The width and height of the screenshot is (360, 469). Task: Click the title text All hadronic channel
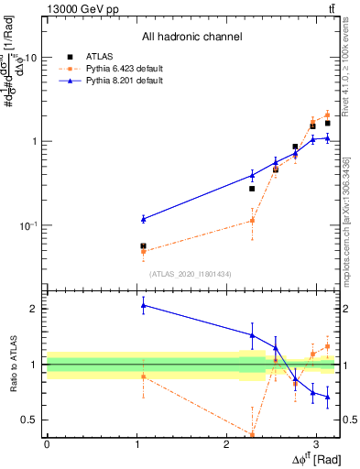coord(191,37)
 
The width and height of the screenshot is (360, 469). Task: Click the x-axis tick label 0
coord(47,444)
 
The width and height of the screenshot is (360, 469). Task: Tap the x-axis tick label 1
coord(136,444)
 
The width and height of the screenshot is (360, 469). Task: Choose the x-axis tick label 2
coord(226,444)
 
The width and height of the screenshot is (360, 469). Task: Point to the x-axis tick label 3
coord(316,444)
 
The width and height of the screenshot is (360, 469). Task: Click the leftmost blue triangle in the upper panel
coord(143,219)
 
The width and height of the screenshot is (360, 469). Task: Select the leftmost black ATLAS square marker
coord(143,245)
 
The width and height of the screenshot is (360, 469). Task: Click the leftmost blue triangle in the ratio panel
coord(143,305)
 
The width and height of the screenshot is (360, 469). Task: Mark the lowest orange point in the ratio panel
coord(252,434)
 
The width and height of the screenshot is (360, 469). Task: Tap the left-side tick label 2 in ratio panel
coord(34,309)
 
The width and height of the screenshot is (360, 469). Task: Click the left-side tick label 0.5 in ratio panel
coord(30,420)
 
